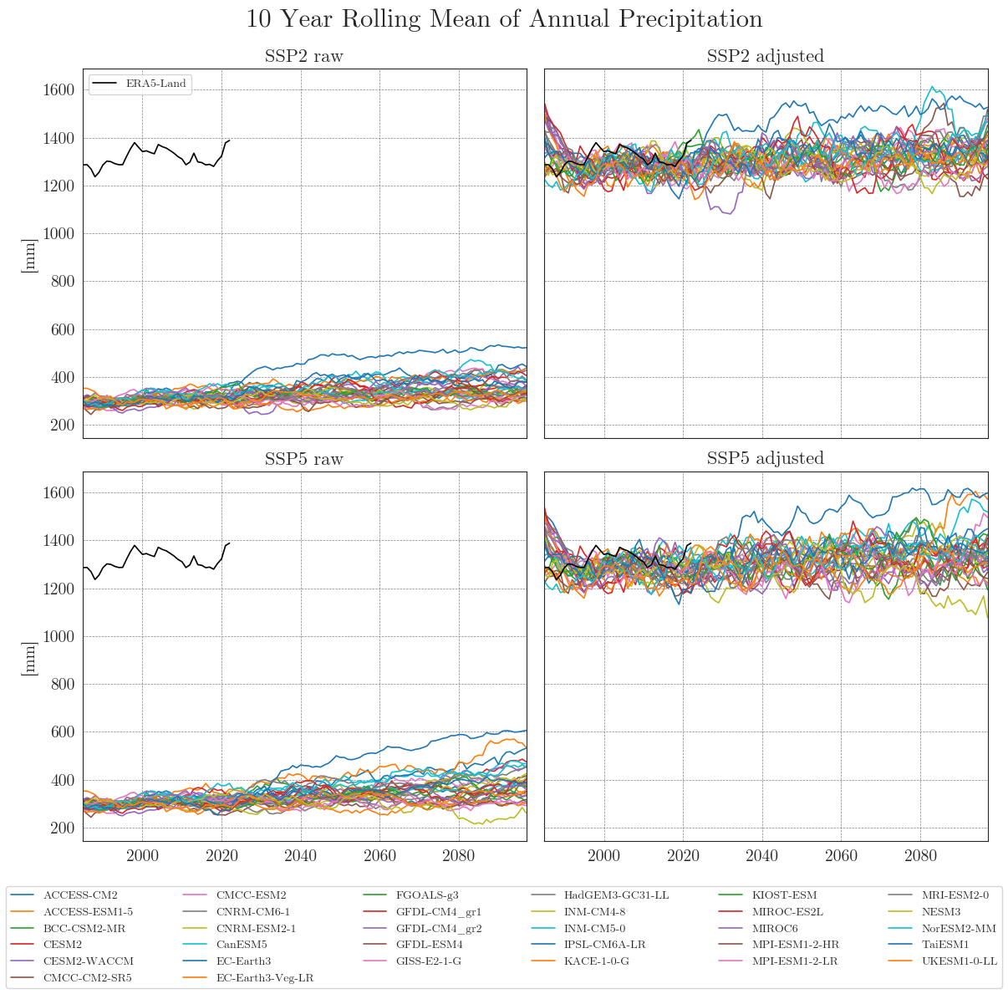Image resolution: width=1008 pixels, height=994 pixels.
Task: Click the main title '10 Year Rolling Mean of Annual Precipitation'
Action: [x=504, y=19]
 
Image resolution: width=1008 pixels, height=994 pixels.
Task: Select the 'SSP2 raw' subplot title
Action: [x=303, y=57]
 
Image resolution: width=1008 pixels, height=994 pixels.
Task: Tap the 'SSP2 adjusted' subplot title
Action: [x=765, y=57]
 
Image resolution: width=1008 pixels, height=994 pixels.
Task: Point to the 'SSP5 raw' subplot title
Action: [x=303, y=459]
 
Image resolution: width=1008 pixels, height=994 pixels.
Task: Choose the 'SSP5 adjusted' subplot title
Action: [x=765, y=459]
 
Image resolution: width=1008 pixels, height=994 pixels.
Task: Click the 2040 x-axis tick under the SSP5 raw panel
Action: [x=300, y=857]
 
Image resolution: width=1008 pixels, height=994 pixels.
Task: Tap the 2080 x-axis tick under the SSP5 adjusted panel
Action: [x=920, y=857]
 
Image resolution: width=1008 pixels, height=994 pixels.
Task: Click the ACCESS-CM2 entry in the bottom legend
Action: [x=80, y=895]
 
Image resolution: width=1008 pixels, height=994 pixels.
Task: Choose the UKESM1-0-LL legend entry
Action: [x=960, y=961]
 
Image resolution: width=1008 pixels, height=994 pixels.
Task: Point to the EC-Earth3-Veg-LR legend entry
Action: [x=264, y=978]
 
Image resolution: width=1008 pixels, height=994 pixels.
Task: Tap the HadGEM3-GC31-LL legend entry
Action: [x=616, y=895]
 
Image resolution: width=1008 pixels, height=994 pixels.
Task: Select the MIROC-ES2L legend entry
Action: [x=787, y=912]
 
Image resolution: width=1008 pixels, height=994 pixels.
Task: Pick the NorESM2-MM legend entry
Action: [x=958, y=929]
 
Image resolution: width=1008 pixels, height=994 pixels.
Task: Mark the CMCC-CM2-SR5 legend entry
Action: [x=87, y=978]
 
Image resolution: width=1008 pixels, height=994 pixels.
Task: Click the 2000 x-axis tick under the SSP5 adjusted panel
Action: [x=603, y=857]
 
